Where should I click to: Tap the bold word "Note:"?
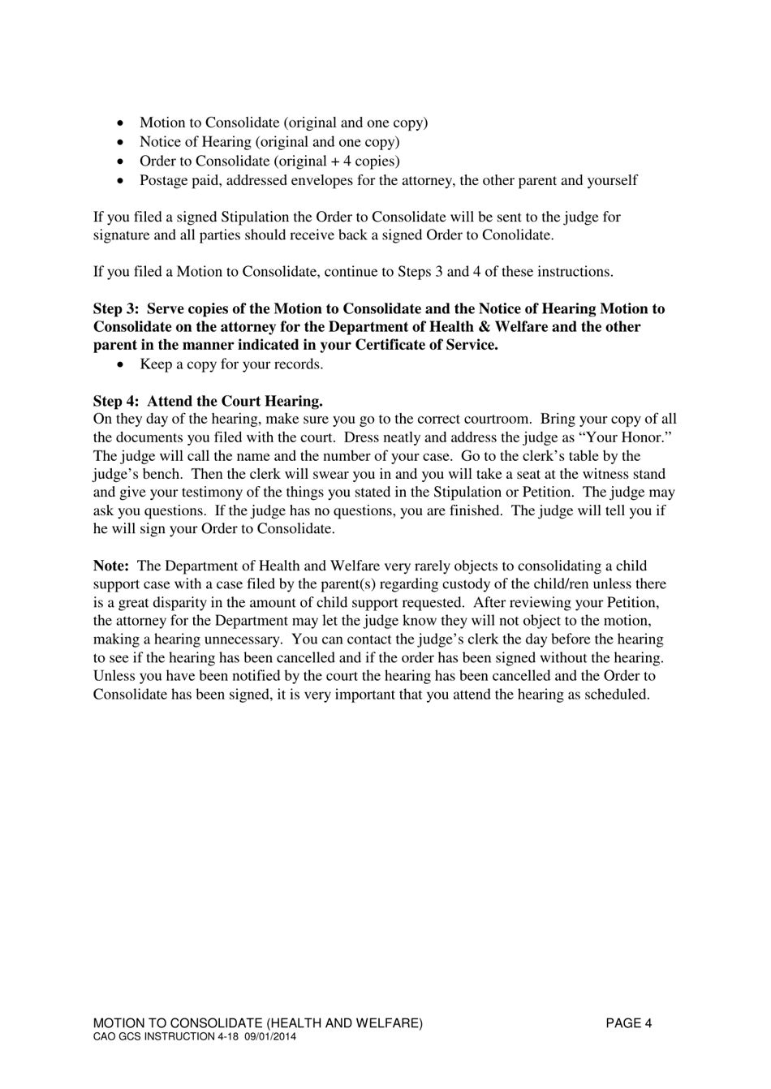point(110,566)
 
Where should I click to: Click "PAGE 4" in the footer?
point(628,1024)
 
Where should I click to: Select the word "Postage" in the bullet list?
point(165,180)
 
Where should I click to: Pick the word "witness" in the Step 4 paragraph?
point(597,475)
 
